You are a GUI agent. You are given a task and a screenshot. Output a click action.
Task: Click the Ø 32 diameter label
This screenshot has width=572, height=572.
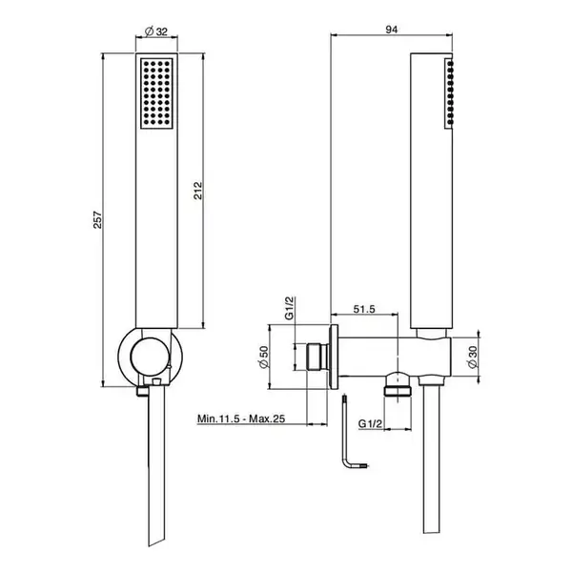[x=156, y=31]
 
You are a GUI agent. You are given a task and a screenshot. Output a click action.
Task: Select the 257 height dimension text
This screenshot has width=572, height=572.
[x=98, y=219]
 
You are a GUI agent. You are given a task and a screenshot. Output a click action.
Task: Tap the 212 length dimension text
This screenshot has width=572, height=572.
[x=197, y=191]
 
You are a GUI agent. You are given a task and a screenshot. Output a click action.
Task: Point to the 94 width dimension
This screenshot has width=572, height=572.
[x=392, y=30]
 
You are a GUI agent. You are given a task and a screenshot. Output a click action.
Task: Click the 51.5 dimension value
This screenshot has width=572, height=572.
[x=364, y=309]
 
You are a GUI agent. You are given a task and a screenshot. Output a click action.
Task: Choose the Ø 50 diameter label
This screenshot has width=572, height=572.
[x=263, y=357]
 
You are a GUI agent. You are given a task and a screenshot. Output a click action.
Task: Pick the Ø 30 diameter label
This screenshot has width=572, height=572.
[x=472, y=357]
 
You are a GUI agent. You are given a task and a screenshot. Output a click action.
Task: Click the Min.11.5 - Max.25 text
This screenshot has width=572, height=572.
[x=241, y=419]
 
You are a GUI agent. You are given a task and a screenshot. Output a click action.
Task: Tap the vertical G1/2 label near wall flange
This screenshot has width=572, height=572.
[x=289, y=308]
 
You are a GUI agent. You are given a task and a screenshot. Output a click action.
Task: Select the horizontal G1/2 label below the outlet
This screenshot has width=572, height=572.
[x=370, y=423]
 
